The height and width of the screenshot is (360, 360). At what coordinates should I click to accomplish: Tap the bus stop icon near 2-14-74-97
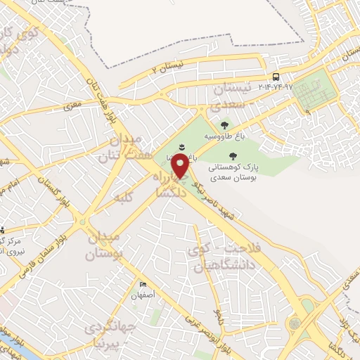click(x=276, y=77)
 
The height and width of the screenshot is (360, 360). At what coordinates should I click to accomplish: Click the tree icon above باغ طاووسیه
click(x=224, y=124)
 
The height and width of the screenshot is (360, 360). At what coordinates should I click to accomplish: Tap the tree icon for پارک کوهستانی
click(x=232, y=156)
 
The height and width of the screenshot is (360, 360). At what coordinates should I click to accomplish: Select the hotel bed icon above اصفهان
click(x=143, y=285)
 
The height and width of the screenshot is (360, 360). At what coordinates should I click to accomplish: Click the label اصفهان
click(x=145, y=296)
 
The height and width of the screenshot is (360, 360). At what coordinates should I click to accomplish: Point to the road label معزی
click(x=73, y=105)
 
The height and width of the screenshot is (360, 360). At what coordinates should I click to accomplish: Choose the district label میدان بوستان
click(x=105, y=245)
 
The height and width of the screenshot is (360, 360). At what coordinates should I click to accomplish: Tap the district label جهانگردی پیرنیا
click(x=103, y=336)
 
